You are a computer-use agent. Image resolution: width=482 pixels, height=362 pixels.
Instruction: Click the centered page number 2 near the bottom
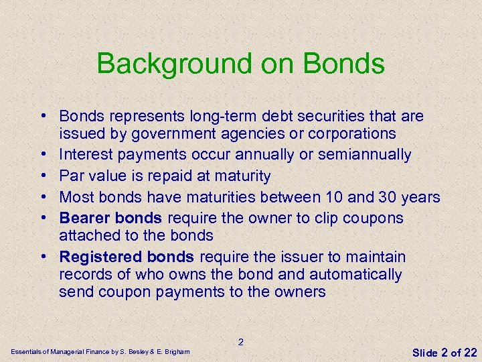pyautogui.click(x=241, y=342)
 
